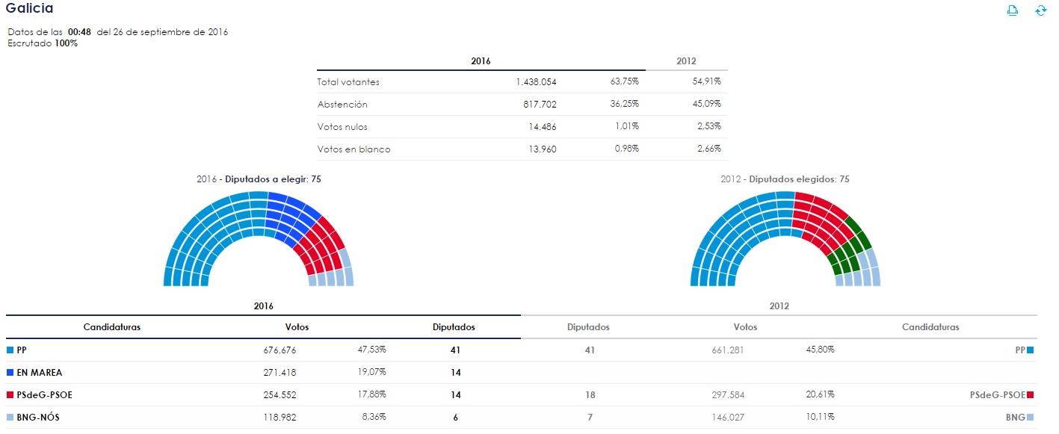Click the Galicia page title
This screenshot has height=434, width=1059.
click(30, 8)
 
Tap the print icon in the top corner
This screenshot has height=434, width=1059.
click(1013, 10)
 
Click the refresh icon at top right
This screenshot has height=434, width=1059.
click(1040, 10)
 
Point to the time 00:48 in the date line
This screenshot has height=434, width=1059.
click(79, 32)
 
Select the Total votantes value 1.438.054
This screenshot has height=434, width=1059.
click(536, 82)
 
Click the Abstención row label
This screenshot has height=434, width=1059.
click(342, 105)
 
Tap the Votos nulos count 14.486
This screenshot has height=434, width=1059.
click(541, 127)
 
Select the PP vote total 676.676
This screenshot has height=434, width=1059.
click(280, 350)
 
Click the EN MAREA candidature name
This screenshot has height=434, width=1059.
click(39, 372)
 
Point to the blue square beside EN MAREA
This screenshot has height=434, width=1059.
click(10, 372)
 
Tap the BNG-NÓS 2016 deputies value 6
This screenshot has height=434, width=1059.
click(455, 418)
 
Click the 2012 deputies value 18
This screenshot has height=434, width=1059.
click(589, 394)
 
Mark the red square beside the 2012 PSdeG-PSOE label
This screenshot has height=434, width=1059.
click(1030, 394)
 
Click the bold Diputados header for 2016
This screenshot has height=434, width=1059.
click(454, 327)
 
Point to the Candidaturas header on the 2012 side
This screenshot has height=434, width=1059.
click(930, 327)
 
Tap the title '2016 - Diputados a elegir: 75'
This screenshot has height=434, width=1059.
click(258, 179)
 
